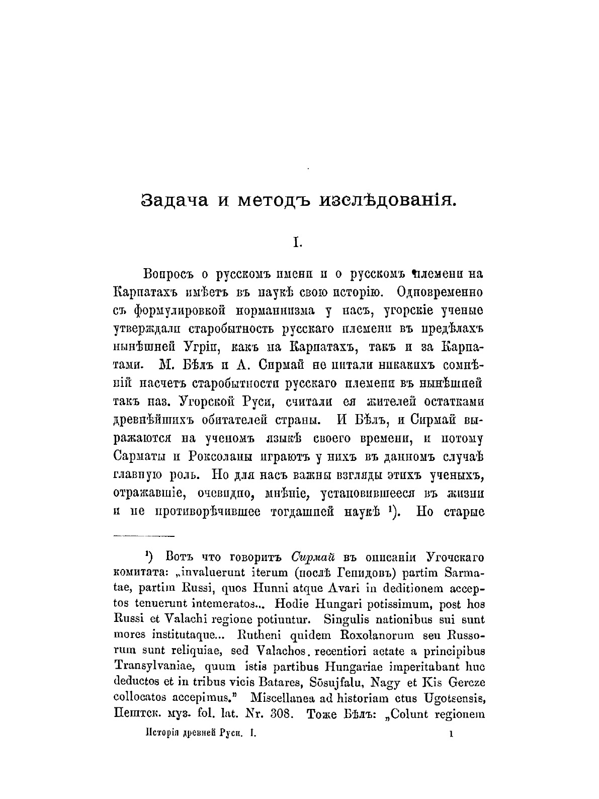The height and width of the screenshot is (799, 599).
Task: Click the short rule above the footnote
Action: tap(144, 536)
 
